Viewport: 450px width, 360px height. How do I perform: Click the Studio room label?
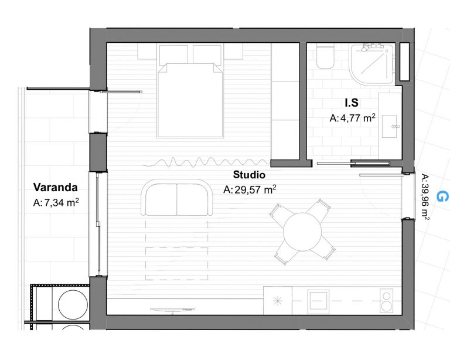point(249,175)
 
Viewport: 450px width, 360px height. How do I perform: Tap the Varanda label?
point(56,187)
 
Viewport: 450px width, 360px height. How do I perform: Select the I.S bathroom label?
point(352,103)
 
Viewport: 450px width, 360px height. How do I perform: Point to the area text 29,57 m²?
point(255,189)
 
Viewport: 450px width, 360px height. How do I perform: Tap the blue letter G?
point(441,196)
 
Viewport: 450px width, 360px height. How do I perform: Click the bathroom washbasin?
point(390,126)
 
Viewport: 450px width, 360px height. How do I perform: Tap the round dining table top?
point(302,232)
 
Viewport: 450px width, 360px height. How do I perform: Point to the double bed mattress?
point(190,100)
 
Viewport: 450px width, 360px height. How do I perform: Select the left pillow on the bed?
point(173,54)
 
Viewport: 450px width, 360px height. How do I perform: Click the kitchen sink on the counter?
point(318,302)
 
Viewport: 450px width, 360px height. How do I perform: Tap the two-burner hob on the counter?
point(387,301)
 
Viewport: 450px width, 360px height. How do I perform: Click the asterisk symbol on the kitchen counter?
point(278,301)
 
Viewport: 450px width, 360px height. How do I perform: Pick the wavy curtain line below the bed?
point(206,162)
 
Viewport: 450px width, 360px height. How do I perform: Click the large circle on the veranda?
point(73,304)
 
